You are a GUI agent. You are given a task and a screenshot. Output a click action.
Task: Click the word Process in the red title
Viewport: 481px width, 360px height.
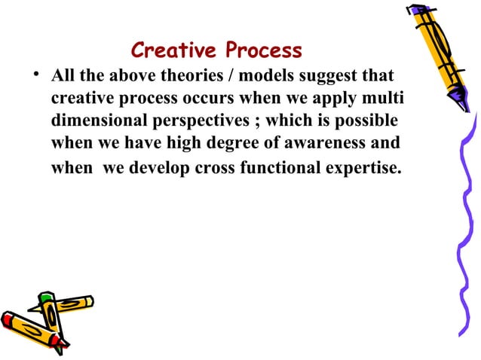pos(260,50)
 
